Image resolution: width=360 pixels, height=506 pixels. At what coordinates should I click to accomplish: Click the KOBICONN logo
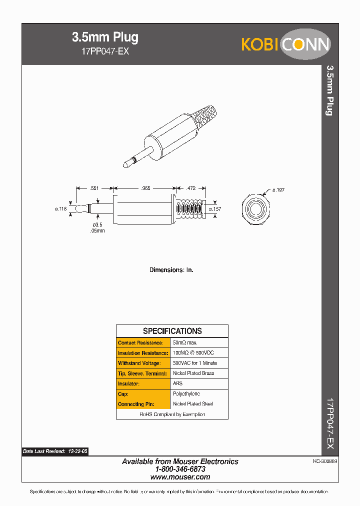[x=285, y=44]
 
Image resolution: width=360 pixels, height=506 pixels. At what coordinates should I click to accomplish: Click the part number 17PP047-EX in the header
[x=105, y=51]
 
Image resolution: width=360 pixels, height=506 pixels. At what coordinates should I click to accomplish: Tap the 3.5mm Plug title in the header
[x=105, y=37]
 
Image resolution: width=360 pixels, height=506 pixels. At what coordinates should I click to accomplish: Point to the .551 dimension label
[x=93, y=188]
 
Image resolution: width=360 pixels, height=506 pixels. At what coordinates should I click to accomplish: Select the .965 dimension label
[x=145, y=188]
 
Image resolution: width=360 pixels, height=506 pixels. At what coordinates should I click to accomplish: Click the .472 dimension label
[x=190, y=188]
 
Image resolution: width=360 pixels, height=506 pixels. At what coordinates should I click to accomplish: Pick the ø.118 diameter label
[x=60, y=209]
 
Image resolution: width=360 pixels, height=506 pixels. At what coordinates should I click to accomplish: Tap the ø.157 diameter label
[x=214, y=209]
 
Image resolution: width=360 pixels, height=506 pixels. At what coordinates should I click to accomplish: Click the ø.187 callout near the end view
[x=278, y=190]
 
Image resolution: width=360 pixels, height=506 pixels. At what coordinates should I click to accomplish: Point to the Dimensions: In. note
[x=171, y=270]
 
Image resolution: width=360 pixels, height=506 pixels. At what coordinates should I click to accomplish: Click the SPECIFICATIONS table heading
[x=172, y=331]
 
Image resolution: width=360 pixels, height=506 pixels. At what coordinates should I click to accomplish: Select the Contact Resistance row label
[x=140, y=343]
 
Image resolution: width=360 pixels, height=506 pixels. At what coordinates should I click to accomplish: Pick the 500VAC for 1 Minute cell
[x=194, y=363]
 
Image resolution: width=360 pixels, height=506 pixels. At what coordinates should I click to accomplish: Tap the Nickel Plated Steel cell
[x=192, y=404]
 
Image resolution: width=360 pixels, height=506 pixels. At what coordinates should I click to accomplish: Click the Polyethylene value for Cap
[x=186, y=394]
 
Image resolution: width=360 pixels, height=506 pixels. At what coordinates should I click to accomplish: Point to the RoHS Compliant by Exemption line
[x=172, y=414]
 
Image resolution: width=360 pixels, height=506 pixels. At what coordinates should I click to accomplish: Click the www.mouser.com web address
[x=180, y=477]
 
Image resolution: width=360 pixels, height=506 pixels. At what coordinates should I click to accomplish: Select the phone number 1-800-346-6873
[x=180, y=469]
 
